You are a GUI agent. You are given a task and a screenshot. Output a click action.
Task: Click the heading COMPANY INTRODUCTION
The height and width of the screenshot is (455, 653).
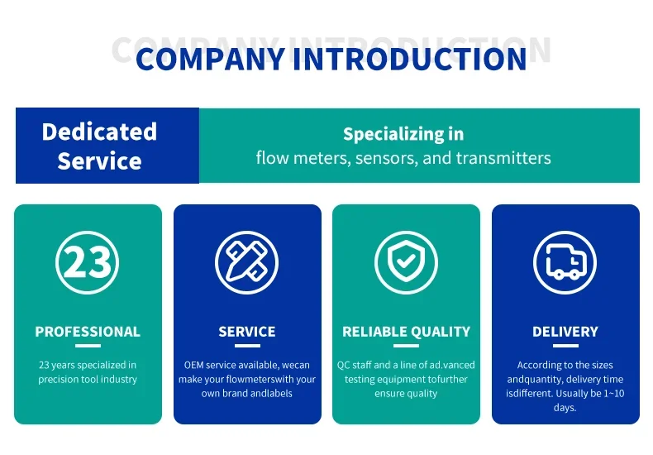click(x=331, y=59)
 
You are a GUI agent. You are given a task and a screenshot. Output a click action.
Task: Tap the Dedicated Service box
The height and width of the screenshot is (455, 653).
click(x=107, y=146)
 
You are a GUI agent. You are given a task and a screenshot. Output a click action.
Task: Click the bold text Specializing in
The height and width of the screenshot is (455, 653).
click(x=403, y=134)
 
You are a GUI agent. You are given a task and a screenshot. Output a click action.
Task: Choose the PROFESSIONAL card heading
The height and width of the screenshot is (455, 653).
click(x=88, y=332)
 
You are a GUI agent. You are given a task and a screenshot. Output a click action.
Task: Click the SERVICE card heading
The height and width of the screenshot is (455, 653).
click(x=246, y=332)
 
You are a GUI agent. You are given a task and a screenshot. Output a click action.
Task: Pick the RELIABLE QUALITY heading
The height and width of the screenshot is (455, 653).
click(x=406, y=332)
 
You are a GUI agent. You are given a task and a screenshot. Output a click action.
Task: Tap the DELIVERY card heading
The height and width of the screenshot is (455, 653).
click(x=565, y=332)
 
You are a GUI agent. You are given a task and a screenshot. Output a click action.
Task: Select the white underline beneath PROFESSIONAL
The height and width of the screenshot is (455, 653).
click(x=88, y=346)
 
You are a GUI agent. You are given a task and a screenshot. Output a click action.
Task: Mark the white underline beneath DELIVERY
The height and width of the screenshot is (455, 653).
click(x=565, y=346)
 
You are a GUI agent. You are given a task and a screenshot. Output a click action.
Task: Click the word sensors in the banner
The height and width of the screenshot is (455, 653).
click(x=386, y=157)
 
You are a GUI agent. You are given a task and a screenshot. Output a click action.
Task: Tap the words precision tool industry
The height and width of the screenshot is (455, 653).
click(x=88, y=380)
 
